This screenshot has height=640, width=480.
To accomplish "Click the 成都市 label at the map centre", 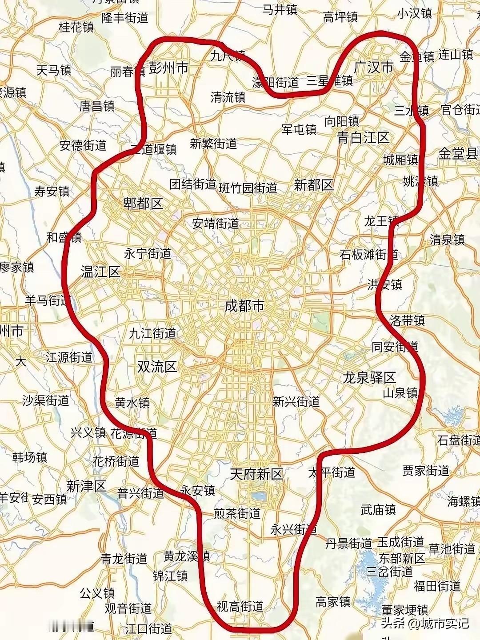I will tap(244, 306).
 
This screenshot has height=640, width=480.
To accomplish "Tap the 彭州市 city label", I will tap(168, 68).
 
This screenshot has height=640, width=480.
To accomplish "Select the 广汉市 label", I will tap(374, 67).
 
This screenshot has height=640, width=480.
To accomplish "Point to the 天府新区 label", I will tap(256, 474).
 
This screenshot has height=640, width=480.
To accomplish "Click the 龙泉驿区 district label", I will tap(369, 378).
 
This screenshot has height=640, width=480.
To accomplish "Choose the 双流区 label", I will tap(157, 367).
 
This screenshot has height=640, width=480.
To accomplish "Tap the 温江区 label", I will tap(100, 272).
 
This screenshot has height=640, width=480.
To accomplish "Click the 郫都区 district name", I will tap(143, 204).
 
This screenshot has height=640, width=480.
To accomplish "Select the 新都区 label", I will tap(314, 185).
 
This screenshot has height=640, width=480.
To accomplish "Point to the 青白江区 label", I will tap(363, 137).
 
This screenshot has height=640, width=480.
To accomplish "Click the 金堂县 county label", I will tap(458, 154).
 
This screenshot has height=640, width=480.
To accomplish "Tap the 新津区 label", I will tap(87, 486).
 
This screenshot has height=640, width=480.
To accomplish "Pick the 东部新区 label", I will tap(401, 557).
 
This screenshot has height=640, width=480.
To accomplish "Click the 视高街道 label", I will tap(240, 606).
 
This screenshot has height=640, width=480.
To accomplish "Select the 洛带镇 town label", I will tap(407, 320).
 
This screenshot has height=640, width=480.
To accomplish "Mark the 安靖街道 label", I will tap(216, 224).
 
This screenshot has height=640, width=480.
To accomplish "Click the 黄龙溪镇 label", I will tap(186, 556).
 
